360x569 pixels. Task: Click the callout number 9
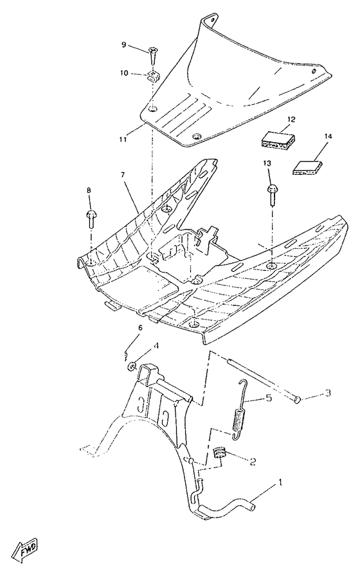(x=124, y=44)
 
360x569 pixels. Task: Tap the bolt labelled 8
(x=92, y=219)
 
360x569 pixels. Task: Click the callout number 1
(x=279, y=482)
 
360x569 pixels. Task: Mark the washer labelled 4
(x=131, y=366)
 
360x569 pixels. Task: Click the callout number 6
(x=139, y=329)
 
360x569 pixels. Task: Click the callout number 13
(x=267, y=165)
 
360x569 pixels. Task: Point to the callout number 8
(x=89, y=190)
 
